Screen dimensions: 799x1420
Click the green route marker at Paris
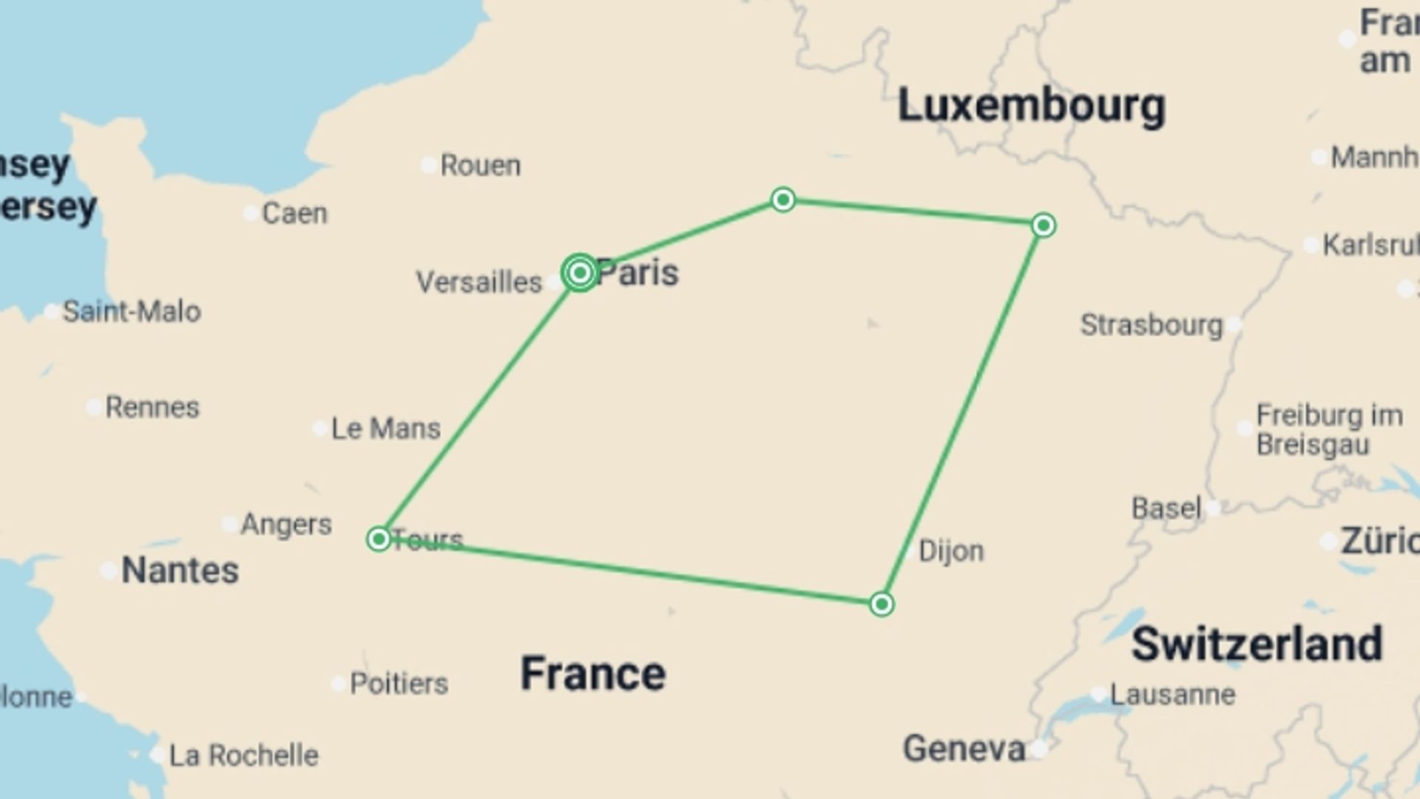[580, 273]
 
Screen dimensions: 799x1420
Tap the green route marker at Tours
[379, 539]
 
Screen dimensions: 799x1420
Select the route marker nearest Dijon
[882, 604]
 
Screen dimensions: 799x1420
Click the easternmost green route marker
[1044, 225]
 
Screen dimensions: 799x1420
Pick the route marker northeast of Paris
[783, 200]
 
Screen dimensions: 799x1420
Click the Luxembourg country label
[1031, 106]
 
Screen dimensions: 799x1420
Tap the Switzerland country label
[1257, 644]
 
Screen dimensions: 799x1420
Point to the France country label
[592, 673]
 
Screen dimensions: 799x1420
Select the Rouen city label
[480, 165]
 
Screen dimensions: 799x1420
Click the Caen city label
[294, 213]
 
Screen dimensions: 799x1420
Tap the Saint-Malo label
[131, 311]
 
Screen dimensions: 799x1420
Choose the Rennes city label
[152, 407]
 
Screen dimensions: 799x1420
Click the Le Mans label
[385, 428]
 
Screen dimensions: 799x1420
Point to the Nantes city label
[180, 570]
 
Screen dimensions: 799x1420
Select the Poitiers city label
[399, 684]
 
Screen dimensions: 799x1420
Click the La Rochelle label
[243, 755]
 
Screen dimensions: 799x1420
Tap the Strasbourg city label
[1152, 325]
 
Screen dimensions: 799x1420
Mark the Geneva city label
[964, 749]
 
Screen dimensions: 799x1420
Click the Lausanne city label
[1172, 695]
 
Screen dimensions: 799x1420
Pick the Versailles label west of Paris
[479, 282]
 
